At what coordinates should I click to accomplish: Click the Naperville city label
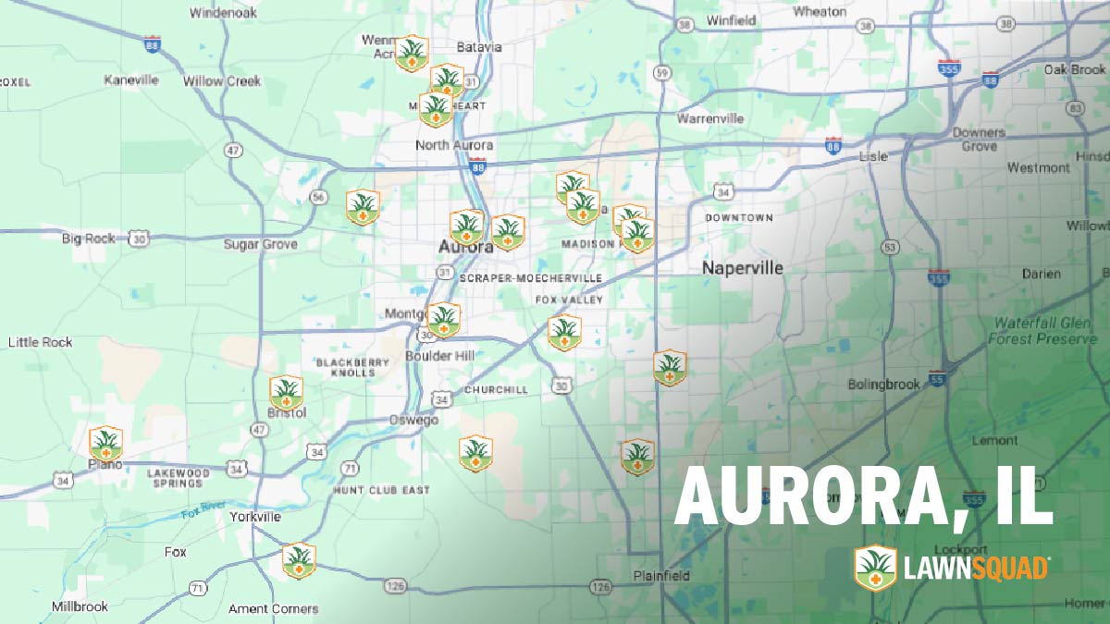[x=742, y=268]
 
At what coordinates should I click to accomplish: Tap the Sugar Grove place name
[x=260, y=244]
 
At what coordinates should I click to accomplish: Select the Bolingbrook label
[x=884, y=384]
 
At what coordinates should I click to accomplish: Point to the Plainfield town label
[x=661, y=576]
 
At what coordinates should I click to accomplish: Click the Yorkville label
[x=254, y=517]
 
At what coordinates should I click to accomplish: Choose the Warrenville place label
[x=709, y=118]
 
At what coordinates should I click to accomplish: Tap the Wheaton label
[x=820, y=12]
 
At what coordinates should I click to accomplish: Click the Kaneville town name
[x=131, y=80]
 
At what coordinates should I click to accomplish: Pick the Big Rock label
[x=89, y=239]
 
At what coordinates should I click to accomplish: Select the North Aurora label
[x=453, y=145]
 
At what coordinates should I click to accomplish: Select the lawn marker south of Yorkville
[x=299, y=560]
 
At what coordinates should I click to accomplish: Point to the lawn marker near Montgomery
[x=444, y=320]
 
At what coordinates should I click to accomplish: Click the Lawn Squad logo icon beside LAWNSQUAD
[x=874, y=567]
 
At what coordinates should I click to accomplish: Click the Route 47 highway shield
[x=234, y=150]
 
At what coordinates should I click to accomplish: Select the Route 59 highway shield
[x=660, y=72]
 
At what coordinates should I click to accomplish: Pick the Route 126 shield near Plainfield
[x=601, y=587]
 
